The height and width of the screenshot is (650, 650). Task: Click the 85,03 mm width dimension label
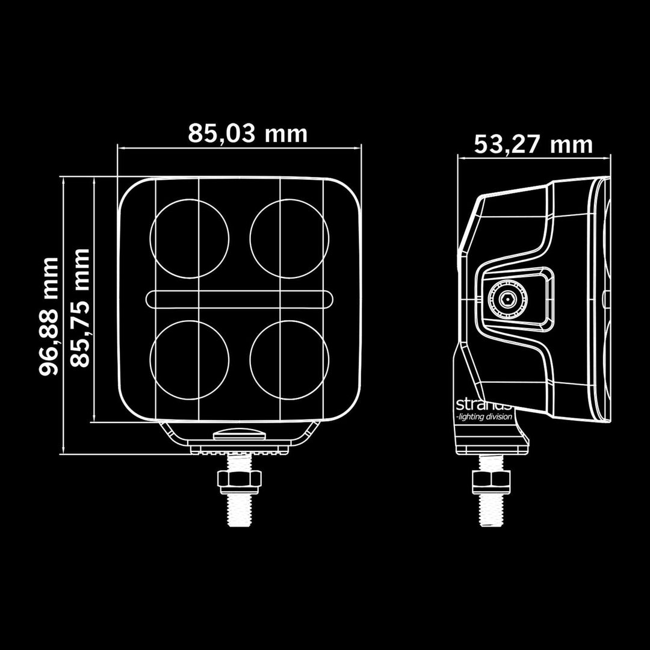point(247,133)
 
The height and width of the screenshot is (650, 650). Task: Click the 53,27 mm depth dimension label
point(533,144)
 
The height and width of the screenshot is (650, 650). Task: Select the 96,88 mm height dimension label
point(49,316)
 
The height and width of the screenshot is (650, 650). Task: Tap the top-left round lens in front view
point(189,238)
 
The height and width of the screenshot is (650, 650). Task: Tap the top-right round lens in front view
point(289,238)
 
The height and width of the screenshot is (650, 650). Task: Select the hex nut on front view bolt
point(239,479)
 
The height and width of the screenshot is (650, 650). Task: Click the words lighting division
point(485,416)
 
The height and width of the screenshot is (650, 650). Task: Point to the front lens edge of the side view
point(604,298)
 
